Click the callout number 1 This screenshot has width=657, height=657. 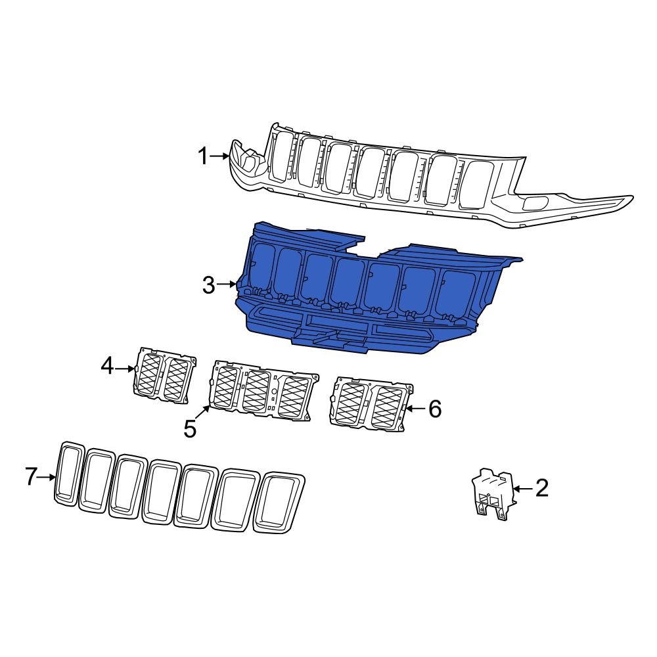pyautogui.click(x=203, y=156)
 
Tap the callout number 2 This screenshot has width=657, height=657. pyautogui.click(x=541, y=488)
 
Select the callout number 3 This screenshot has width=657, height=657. pyautogui.click(x=208, y=285)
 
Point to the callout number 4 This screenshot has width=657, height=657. pyautogui.click(x=107, y=366)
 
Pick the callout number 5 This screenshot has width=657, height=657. pyautogui.click(x=190, y=429)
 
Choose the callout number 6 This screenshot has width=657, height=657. pyautogui.click(x=435, y=409)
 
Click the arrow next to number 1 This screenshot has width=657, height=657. pyautogui.click(x=220, y=156)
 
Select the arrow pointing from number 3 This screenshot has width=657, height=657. pyautogui.click(x=227, y=284)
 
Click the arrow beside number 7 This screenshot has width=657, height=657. pyautogui.click(x=47, y=477)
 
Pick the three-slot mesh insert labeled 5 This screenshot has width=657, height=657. pyautogui.click(x=261, y=390)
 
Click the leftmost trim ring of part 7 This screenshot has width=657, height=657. pyautogui.click(x=68, y=473)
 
